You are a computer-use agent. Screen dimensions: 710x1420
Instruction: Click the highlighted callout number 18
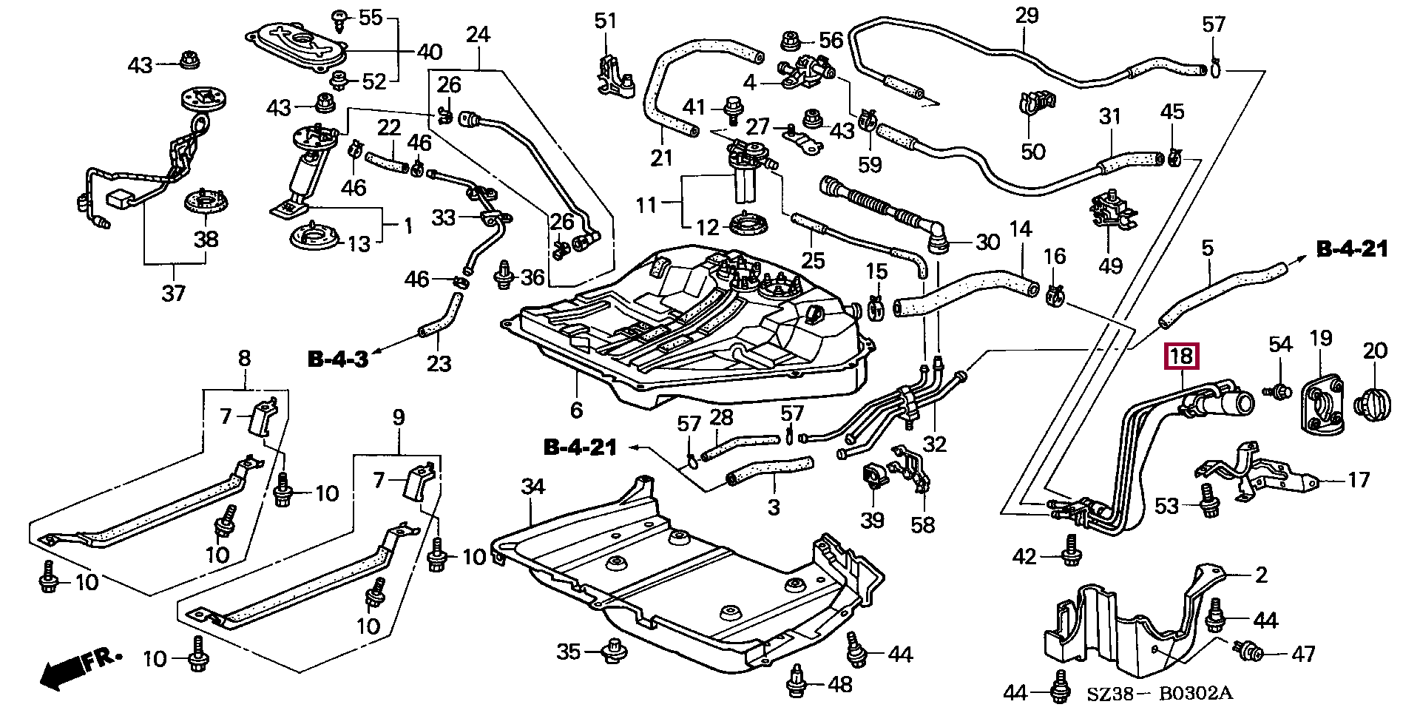(x=1182, y=356)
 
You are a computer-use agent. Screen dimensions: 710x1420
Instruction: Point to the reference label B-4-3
(x=337, y=359)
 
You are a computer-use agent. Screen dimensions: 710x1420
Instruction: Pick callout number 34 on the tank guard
(x=532, y=487)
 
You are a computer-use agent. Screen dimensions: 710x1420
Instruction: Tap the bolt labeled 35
(x=612, y=652)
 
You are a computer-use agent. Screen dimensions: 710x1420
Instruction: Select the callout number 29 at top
(x=1027, y=16)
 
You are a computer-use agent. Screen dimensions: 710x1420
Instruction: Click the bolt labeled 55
(x=341, y=20)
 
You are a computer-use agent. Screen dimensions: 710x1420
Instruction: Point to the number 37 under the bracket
(x=175, y=294)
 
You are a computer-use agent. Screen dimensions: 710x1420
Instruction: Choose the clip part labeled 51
(x=613, y=74)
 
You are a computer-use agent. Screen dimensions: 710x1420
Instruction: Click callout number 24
(x=478, y=34)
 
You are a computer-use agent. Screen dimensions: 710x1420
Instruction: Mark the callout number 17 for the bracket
(x=1358, y=479)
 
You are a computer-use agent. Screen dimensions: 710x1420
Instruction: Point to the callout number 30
(x=987, y=242)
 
